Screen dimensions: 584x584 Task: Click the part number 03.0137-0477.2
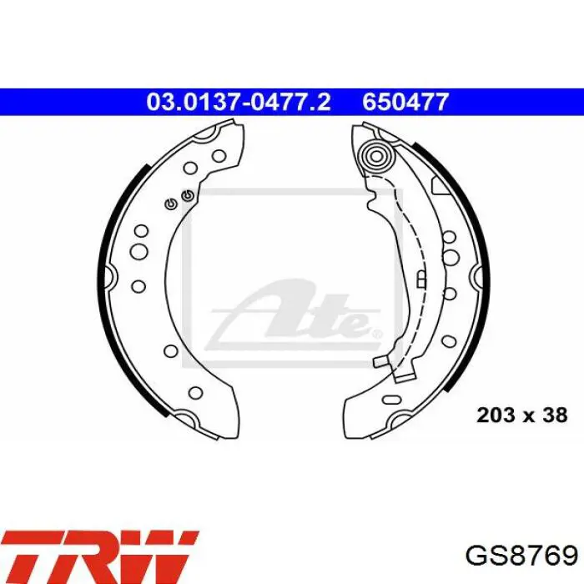[x=239, y=102]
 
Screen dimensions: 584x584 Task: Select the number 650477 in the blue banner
[x=405, y=102]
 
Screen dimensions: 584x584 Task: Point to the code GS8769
[x=521, y=556]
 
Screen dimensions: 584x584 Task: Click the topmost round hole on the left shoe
[x=219, y=155]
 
